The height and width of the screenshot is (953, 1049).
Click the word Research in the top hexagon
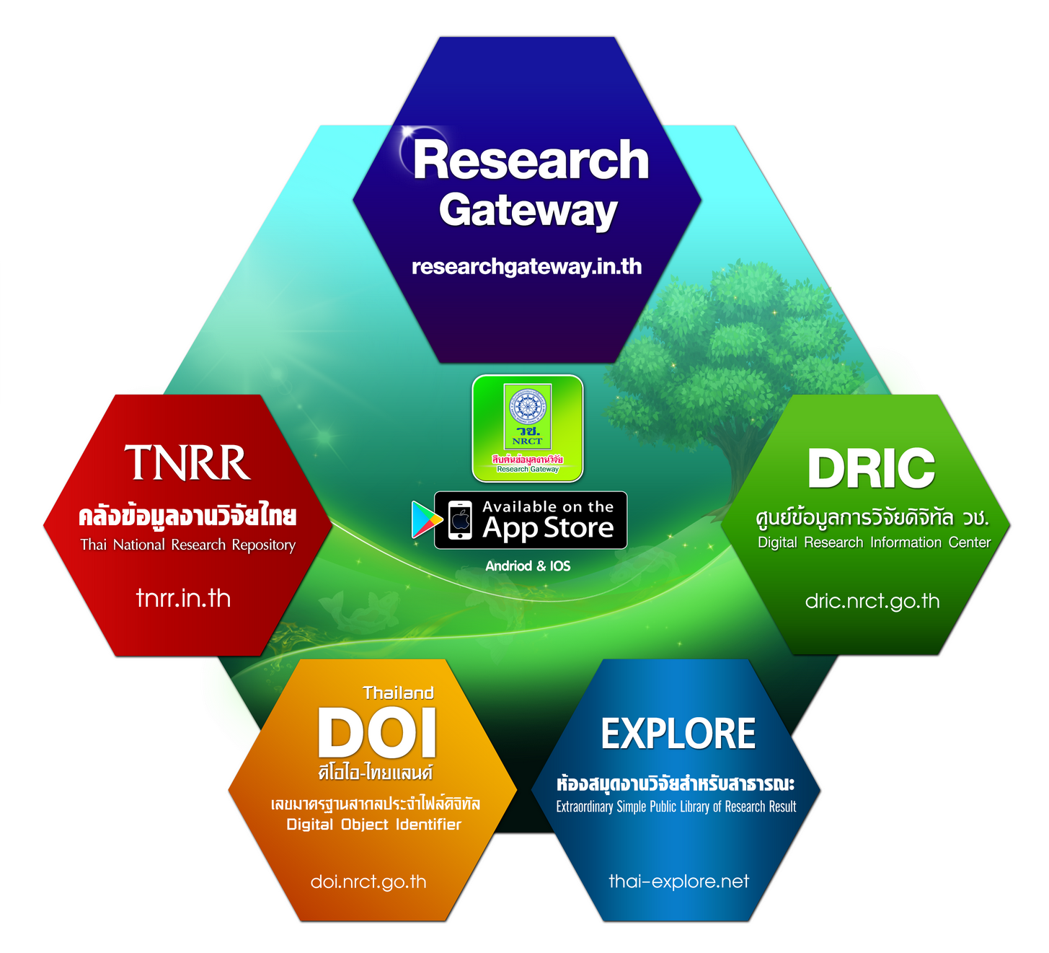[531, 160]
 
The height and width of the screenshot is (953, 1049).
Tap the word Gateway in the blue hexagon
[528, 211]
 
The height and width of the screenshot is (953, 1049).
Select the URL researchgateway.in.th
[526, 267]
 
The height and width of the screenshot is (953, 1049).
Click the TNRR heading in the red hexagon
[187, 462]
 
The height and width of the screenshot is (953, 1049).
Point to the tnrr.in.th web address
[183, 598]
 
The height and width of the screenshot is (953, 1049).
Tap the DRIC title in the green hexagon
[871, 468]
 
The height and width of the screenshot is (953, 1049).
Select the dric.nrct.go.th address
[872, 601]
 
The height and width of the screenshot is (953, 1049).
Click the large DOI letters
[377, 733]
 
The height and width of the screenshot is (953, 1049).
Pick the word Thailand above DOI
[398, 693]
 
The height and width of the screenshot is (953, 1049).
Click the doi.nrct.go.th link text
[368, 882]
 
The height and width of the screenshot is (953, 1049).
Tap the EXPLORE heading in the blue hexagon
[678, 734]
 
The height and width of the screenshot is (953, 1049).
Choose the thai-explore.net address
[678, 881]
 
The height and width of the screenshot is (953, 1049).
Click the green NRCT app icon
[527, 428]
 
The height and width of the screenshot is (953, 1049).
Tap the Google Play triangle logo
[425, 519]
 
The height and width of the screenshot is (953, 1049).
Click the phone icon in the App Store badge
[460, 520]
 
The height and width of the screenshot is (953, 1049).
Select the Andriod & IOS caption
[528, 566]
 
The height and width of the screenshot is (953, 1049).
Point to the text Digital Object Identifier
[373, 825]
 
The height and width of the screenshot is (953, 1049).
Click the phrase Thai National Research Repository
[187, 545]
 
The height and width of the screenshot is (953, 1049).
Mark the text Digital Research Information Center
[874, 543]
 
